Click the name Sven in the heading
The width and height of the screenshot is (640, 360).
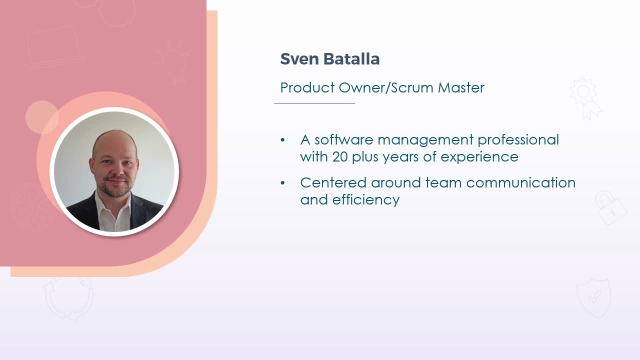click(x=299, y=59)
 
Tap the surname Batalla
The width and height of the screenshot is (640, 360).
click(x=351, y=59)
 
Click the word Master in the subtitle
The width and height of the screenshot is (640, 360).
click(x=461, y=87)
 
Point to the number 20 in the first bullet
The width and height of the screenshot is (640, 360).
click(x=339, y=156)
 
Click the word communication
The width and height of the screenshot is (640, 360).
click(x=521, y=182)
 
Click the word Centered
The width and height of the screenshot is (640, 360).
click(x=333, y=182)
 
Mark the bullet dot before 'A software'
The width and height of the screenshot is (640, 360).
click(x=282, y=140)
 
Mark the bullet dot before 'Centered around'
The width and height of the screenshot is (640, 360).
click(x=282, y=183)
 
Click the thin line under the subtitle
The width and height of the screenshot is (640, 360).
click(x=314, y=103)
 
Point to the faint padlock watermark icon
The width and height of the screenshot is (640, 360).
click(x=610, y=208)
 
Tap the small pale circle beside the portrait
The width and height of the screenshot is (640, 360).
click(x=41, y=117)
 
